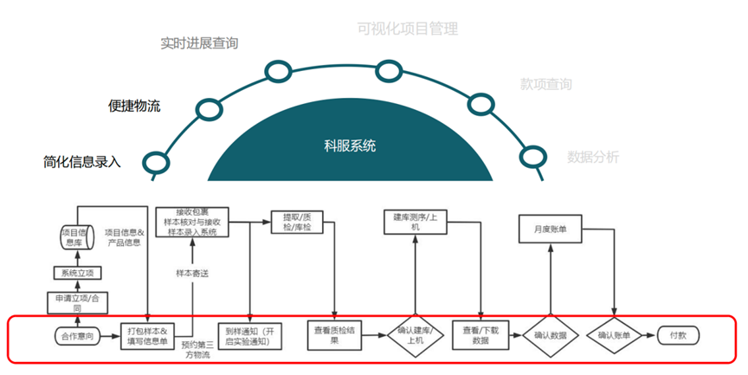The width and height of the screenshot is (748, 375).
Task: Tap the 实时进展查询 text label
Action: [x=199, y=43]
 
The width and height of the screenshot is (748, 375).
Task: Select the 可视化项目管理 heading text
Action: [x=407, y=29]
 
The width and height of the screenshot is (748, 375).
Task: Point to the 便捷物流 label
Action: [x=134, y=106]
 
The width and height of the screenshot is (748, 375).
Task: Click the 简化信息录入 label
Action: [x=82, y=161]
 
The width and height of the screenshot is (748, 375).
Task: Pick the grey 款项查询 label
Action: [x=545, y=84]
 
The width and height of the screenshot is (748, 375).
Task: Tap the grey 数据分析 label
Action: [x=593, y=157]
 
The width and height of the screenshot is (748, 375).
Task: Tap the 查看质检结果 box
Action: [x=332, y=335]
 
